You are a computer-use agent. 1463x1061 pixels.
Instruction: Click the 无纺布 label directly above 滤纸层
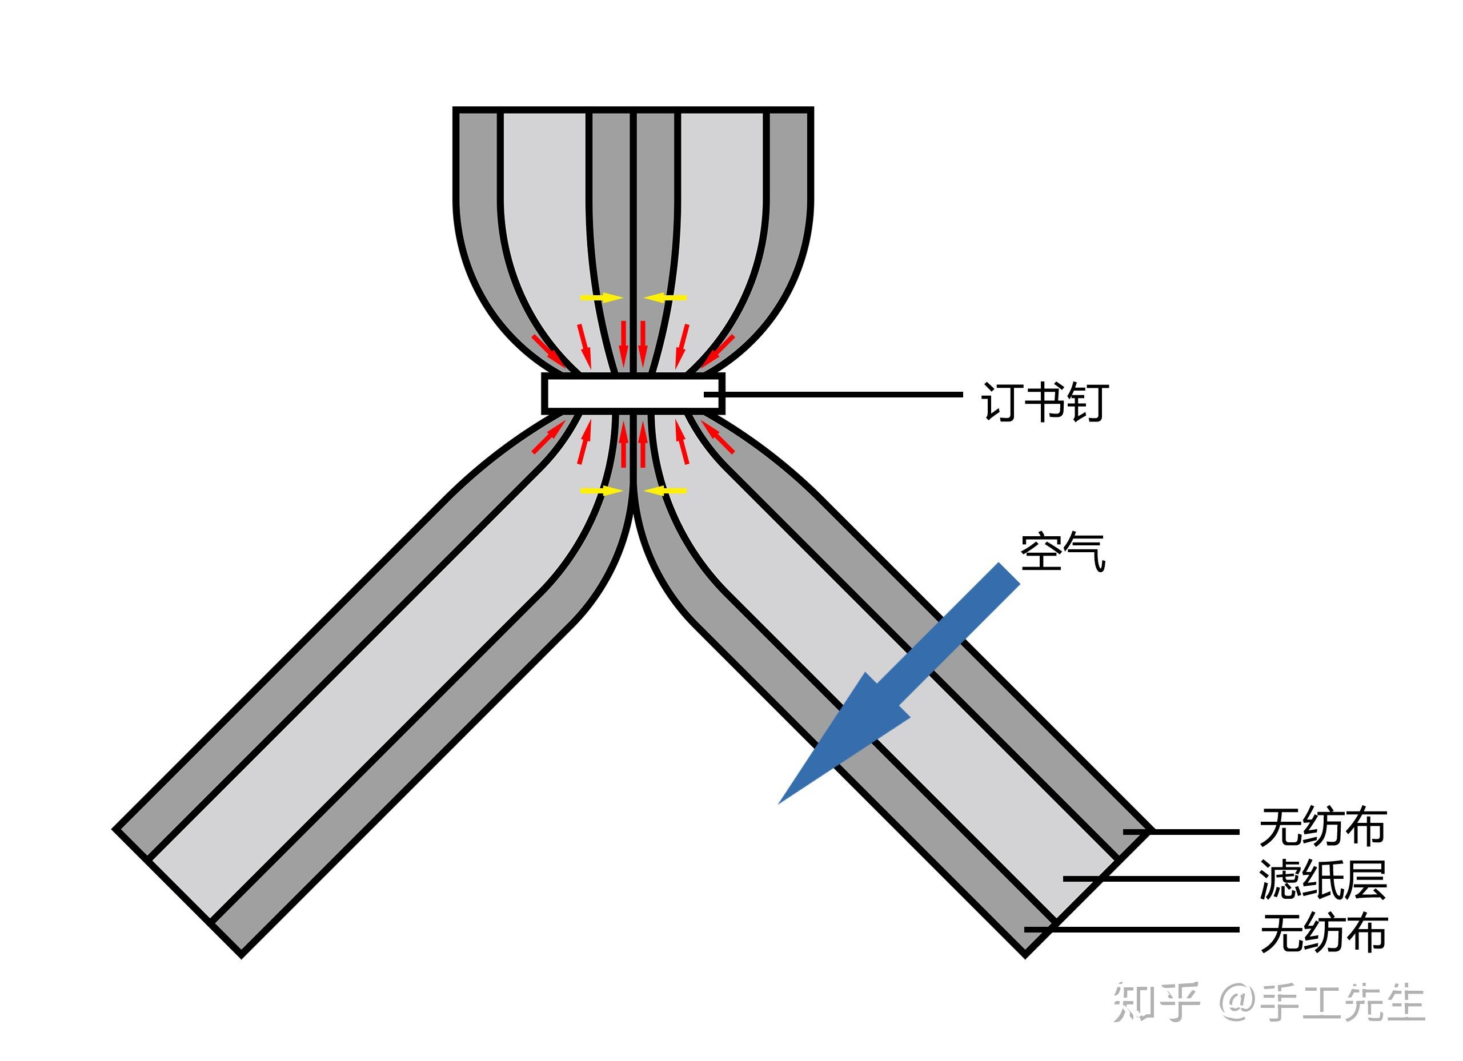coord(1322,828)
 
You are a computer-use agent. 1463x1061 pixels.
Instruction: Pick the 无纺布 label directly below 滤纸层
coord(1323,933)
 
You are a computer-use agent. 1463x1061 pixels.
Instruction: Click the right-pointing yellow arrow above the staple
coord(600,298)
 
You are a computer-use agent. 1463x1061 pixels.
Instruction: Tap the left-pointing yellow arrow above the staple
coord(665,298)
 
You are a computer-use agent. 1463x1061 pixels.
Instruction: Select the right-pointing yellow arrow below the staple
coord(600,491)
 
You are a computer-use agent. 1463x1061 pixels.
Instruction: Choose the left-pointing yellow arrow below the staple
coord(665,491)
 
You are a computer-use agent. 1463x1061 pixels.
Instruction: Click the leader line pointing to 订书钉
coord(839,393)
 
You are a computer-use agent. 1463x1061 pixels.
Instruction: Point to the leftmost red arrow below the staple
coord(548,438)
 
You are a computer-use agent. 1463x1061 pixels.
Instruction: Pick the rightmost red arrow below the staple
coord(718,438)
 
